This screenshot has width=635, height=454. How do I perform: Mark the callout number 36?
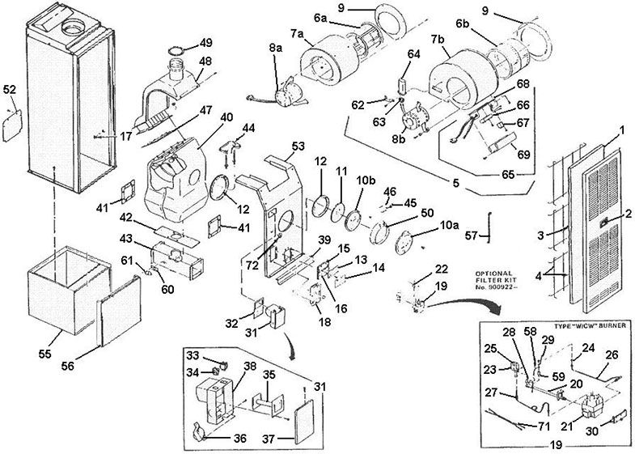[239, 416]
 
